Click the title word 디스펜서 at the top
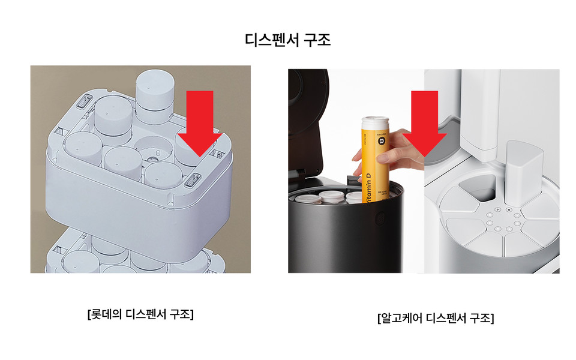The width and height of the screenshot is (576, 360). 271,41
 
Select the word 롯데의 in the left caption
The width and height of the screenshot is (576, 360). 107,314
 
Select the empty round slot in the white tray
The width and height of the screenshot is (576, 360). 154,146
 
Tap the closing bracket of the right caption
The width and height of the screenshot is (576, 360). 492,318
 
